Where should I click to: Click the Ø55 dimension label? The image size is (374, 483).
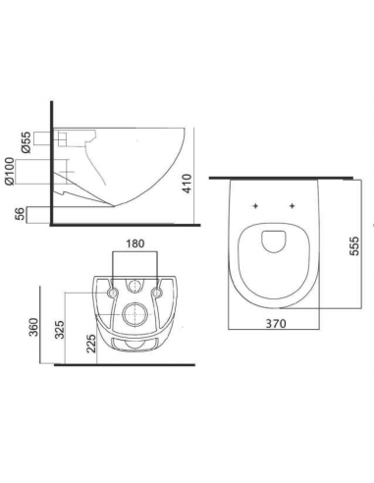(26, 142)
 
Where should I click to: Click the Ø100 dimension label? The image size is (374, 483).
(10, 171)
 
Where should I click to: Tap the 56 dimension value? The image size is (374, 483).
(21, 214)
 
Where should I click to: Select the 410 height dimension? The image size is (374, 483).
(187, 184)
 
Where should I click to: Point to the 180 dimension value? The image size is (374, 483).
(135, 243)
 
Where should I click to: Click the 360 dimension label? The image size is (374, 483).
(34, 327)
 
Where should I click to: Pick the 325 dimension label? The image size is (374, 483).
(59, 329)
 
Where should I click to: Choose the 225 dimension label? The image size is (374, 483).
(91, 344)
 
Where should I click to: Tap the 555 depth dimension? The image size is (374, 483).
(354, 245)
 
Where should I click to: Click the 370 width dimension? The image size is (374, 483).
(276, 324)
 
